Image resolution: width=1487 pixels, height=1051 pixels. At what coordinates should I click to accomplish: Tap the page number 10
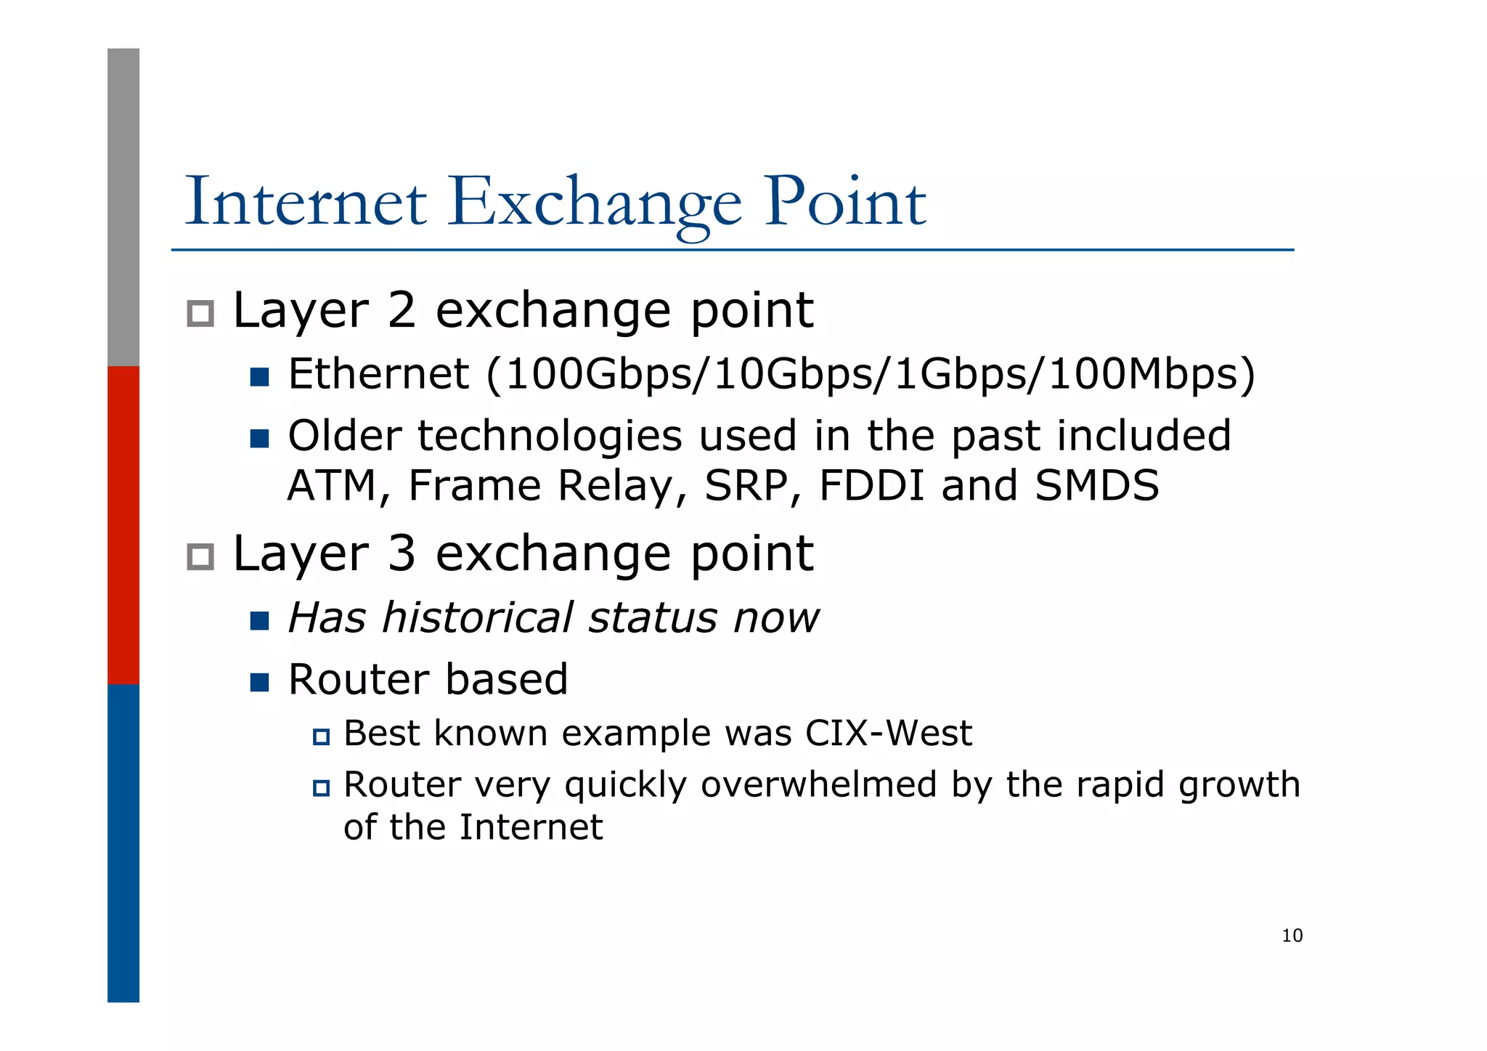coord(1292,936)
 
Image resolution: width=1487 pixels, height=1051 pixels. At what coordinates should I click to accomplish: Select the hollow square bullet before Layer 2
coord(200,314)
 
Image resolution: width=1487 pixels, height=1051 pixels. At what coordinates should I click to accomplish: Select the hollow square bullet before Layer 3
coord(200,557)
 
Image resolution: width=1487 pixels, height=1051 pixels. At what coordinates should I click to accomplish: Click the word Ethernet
coord(378,374)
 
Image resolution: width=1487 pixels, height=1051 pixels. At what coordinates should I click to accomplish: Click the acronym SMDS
coord(1096,485)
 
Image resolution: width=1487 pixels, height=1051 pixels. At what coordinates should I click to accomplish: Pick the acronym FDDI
coord(871,485)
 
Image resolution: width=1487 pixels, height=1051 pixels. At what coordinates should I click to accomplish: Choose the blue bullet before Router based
coord(259,682)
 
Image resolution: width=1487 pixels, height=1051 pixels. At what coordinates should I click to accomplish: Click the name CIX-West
coord(888,733)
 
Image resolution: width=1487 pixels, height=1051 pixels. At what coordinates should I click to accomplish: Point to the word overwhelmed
coord(818,784)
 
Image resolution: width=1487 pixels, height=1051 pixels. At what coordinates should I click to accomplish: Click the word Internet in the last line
coord(530,827)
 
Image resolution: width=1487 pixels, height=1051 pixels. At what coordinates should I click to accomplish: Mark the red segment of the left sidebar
coord(123,524)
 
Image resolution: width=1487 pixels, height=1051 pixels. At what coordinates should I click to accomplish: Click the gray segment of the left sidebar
coord(123,207)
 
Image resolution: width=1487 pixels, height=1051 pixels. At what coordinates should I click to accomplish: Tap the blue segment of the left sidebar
coord(123,843)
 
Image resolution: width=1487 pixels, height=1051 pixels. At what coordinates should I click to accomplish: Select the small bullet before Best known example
coord(321,737)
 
